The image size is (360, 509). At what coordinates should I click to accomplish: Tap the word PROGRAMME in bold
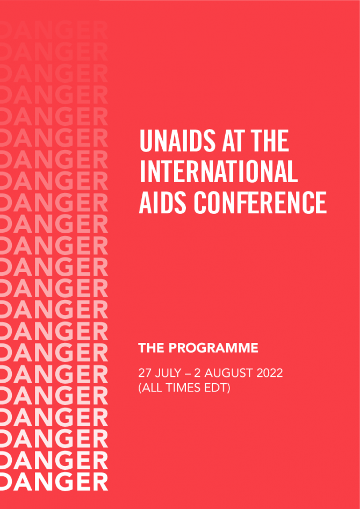click(213, 348)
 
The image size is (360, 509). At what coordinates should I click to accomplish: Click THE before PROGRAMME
click(152, 348)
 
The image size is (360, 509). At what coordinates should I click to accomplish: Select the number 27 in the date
click(144, 373)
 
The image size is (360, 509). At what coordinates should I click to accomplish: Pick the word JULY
click(167, 373)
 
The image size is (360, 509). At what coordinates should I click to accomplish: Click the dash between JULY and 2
click(186, 374)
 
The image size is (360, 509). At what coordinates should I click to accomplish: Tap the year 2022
click(270, 373)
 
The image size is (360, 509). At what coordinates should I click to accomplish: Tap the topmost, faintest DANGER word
click(54, 31)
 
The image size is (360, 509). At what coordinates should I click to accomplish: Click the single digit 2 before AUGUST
click(197, 373)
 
